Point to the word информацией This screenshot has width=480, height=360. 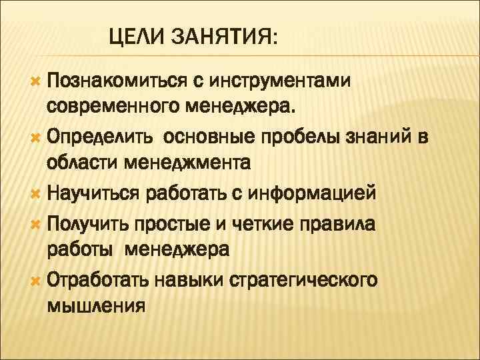pos(313,193)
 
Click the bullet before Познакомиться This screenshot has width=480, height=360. pos(35,81)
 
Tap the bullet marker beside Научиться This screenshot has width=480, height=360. pos(35,193)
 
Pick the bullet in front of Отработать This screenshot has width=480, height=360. pos(35,280)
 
